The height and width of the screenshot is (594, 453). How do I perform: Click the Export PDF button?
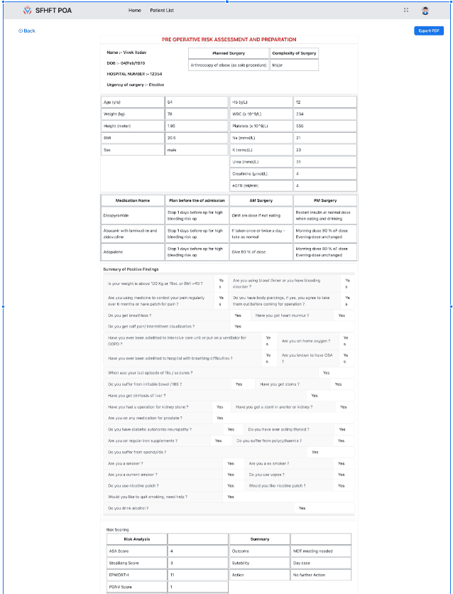[429, 31]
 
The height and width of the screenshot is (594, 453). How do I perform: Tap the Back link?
[27, 31]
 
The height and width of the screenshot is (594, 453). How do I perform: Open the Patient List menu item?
[162, 11]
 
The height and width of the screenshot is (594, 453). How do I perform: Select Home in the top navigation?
[134, 11]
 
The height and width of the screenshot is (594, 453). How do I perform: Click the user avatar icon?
[425, 11]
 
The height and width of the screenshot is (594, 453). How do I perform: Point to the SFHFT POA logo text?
[53, 11]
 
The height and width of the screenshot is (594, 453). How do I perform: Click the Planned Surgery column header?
[229, 53]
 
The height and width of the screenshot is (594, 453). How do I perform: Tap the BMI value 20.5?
[171, 137]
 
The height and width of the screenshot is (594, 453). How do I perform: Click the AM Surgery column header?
[261, 200]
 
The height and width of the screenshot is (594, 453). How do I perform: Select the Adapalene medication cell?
[116, 251]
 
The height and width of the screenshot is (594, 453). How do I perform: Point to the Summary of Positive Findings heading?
[131, 269]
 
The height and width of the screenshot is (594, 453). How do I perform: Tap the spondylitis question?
[136, 451]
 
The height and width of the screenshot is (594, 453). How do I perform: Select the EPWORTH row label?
[117, 574]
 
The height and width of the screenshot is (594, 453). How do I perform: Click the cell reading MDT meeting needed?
[312, 551]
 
